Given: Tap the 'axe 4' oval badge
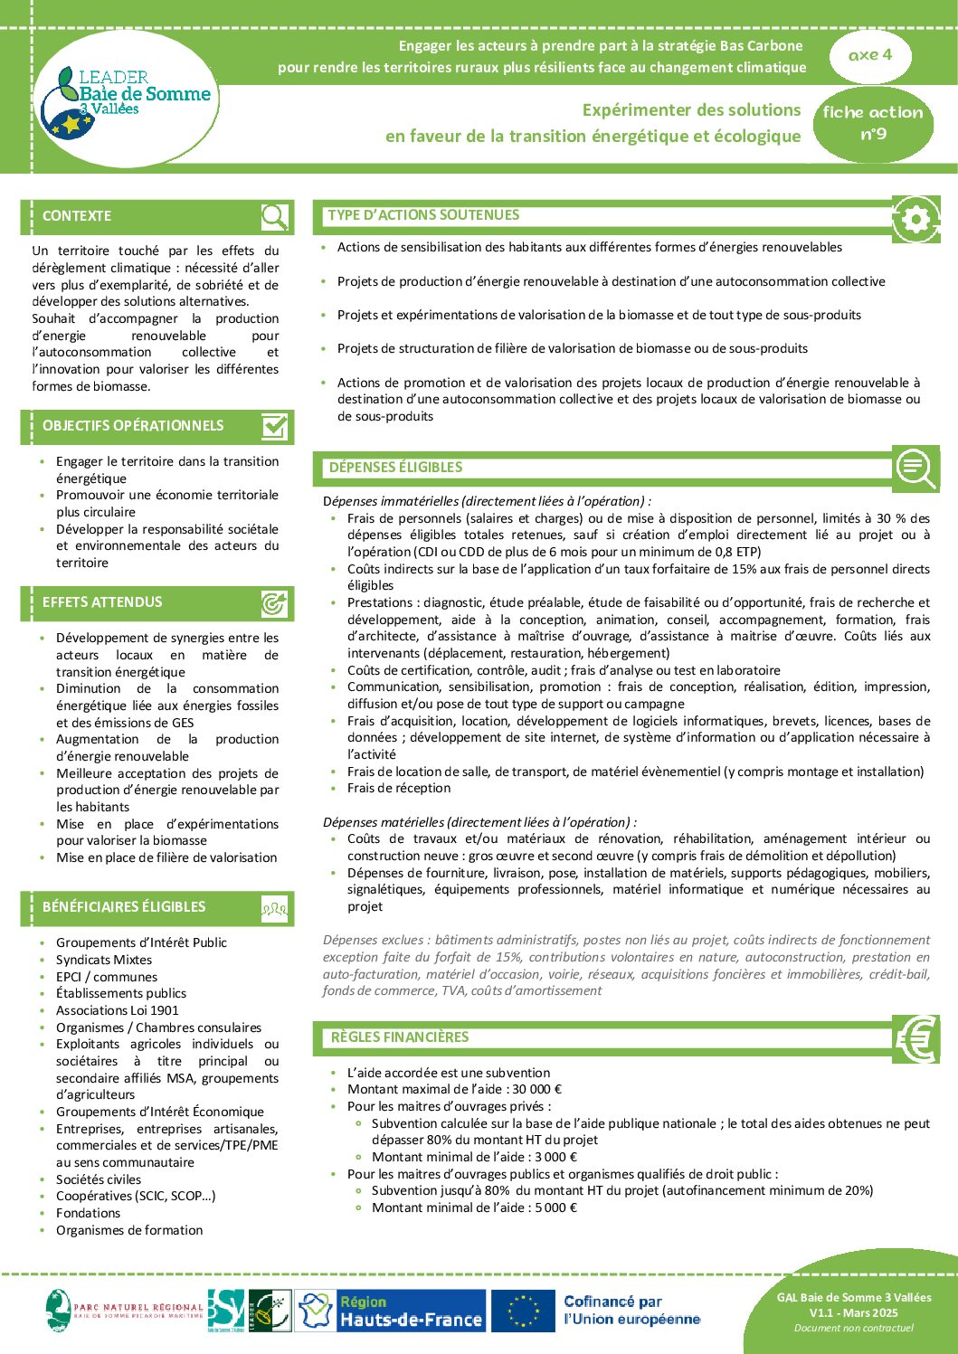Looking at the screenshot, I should (x=870, y=55).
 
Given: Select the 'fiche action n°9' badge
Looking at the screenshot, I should (x=873, y=123).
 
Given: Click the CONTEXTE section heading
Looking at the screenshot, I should (x=77, y=216).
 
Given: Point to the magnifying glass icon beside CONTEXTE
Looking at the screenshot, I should (x=274, y=217).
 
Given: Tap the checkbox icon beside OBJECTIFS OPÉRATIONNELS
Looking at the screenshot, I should (x=274, y=426).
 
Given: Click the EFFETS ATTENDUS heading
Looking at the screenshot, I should (x=102, y=602).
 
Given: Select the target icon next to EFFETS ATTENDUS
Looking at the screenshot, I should (x=274, y=603).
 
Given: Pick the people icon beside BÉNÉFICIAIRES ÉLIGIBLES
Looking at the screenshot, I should (x=274, y=908).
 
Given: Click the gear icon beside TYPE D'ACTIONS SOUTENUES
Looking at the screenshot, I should (x=915, y=219).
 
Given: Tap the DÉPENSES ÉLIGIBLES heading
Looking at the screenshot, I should (x=395, y=468).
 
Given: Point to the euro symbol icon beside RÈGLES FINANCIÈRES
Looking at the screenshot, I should (x=915, y=1038).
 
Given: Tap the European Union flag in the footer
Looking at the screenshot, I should (x=523, y=1311).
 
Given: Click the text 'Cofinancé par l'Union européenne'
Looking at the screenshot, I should (x=631, y=1311).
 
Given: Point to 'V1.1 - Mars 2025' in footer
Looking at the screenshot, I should (x=853, y=1312).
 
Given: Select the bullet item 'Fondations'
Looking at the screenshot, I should (x=88, y=1213).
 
